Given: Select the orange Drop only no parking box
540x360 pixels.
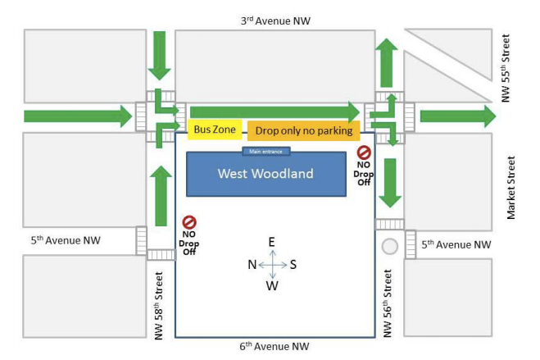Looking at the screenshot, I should tap(303, 130).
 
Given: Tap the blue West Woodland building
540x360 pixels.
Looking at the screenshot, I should tap(265, 174).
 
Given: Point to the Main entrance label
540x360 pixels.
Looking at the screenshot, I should tap(265, 151).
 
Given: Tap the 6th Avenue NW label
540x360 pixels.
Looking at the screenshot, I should tap(275, 347).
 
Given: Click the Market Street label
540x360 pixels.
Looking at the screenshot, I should tap(512, 188).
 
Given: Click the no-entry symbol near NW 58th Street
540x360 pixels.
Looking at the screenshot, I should tap(188, 221).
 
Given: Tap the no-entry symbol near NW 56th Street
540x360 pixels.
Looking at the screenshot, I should tap(364, 153).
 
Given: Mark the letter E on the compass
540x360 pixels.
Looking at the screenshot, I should tap(272, 241).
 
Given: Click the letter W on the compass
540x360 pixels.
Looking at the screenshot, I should tap(272, 286).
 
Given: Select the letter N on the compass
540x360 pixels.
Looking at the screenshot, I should tap(252, 264).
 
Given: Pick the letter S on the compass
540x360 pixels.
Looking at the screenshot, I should tap(293, 264).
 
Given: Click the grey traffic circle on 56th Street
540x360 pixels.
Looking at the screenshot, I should tap(390, 245).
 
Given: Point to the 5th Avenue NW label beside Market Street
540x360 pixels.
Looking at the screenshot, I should tap(456, 244).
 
